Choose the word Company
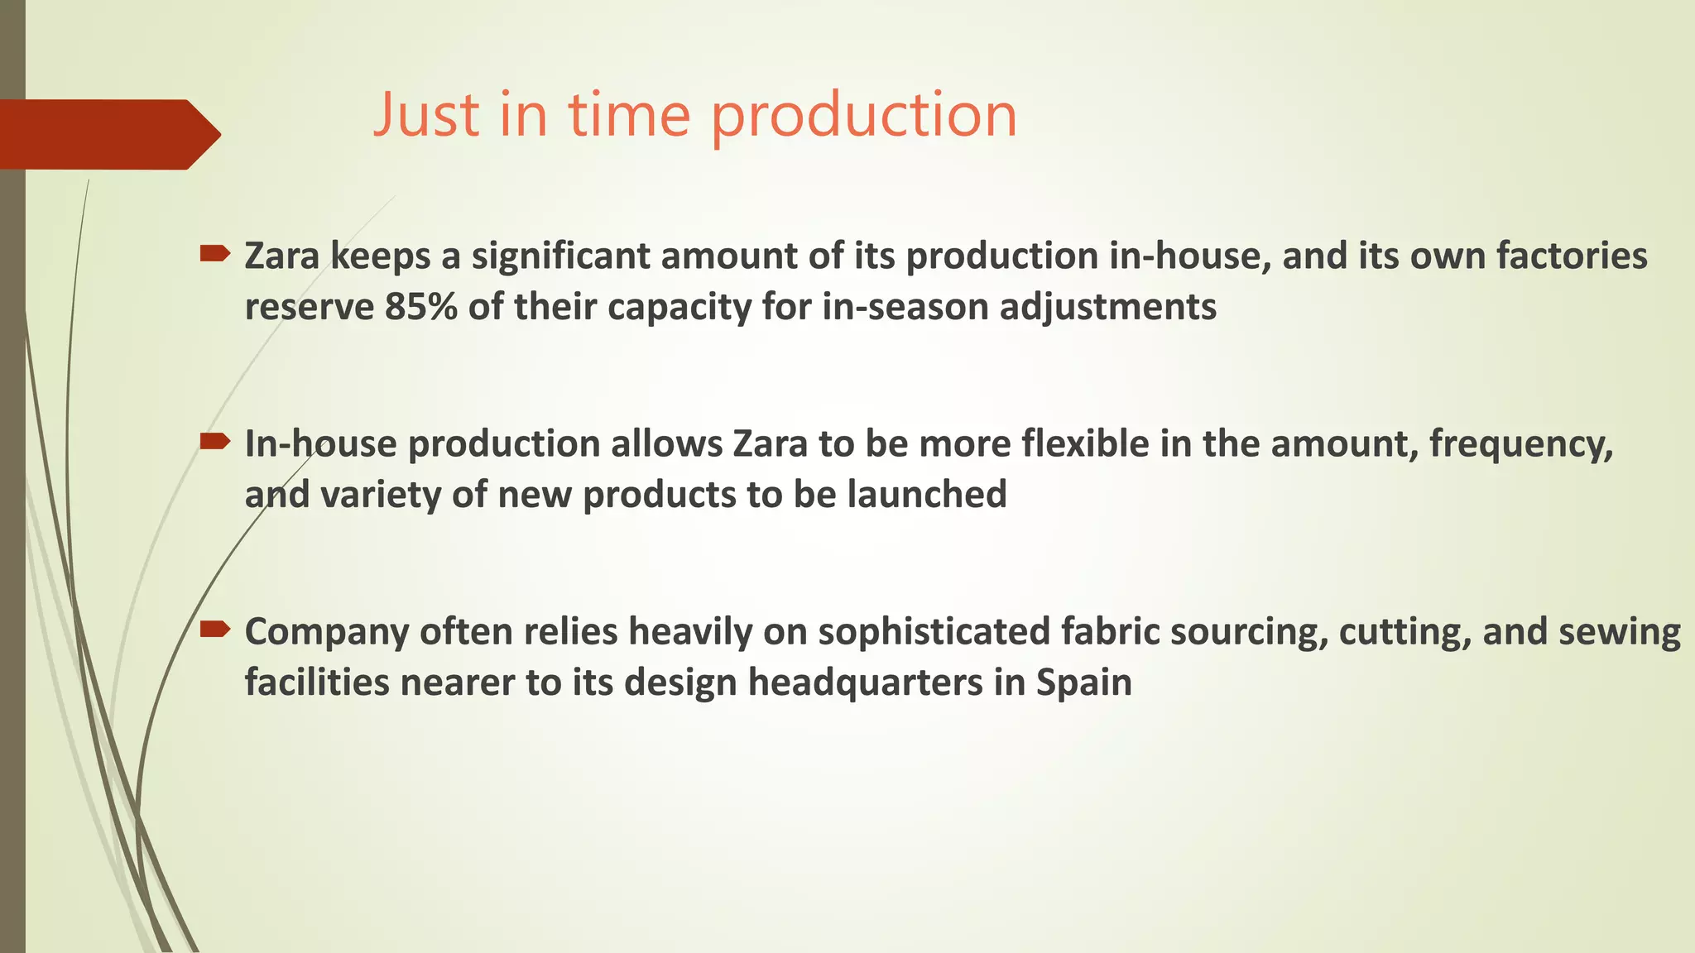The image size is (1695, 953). pos(327,633)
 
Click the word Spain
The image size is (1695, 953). pos(1083,683)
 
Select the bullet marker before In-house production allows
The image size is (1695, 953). pos(214,442)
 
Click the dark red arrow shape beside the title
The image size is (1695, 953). pos(108,134)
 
